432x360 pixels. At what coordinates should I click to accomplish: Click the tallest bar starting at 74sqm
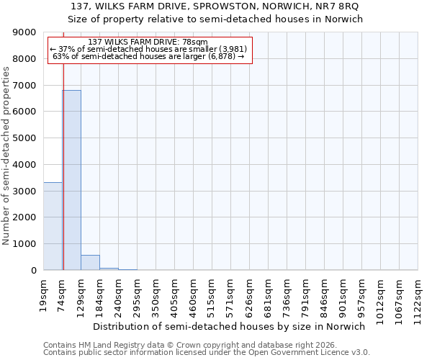pyautogui.click(x=71, y=180)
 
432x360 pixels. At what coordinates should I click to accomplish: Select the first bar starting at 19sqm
pyautogui.click(x=53, y=226)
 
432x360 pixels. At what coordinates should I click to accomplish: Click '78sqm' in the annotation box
pyautogui.click(x=195, y=42)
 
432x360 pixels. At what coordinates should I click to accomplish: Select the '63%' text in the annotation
pyautogui.click(x=61, y=56)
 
